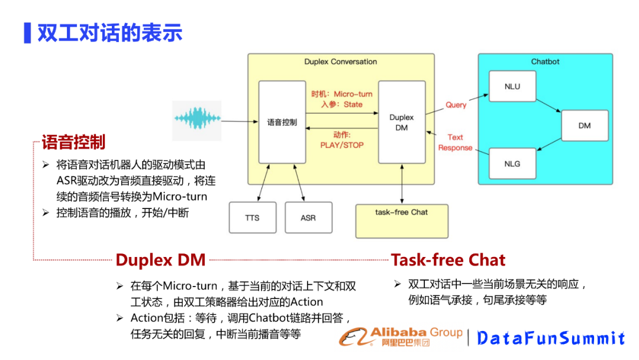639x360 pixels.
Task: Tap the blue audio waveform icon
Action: [x=197, y=119]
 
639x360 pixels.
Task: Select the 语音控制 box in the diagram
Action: [x=282, y=122]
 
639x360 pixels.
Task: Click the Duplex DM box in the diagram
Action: [x=402, y=122]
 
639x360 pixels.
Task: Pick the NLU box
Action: [x=512, y=86]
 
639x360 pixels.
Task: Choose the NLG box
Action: [x=512, y=163]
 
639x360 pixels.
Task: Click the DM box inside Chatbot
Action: [x=584, y=126]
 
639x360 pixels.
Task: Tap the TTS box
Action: [x=253, y=217]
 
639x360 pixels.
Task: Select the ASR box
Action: [x=308, y=217]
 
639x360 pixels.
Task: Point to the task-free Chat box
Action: [x=402, y=220]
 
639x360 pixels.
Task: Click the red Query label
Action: [x=456, y=105]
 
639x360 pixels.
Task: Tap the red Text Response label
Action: [x=455, y=143]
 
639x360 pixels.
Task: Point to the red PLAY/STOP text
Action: [x=342, y=145]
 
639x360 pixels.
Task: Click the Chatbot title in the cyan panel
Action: [x=545, y=62]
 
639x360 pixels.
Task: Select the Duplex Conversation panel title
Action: [x=340, y=62]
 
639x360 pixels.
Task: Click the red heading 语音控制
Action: [x=73, y=142]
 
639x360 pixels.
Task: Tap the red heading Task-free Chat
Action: [x=448, y=260]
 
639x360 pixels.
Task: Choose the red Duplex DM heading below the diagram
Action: [x=160, y=260]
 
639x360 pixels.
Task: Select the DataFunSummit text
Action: [x=551, y=338]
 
